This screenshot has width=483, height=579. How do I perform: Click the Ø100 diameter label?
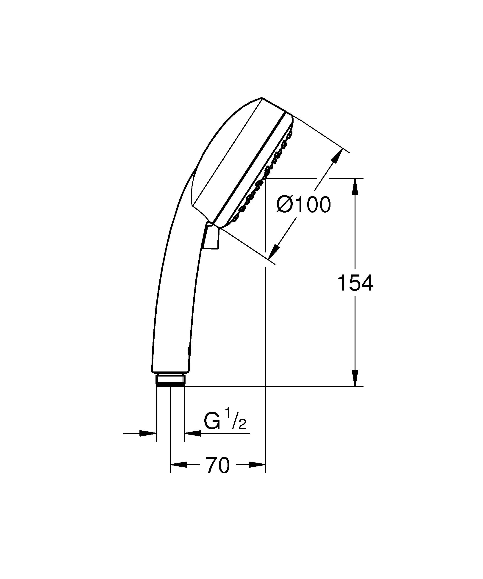point(303,205)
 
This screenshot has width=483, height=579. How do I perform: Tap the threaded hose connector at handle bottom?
point(170,380)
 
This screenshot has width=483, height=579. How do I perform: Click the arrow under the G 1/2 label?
point(193,433)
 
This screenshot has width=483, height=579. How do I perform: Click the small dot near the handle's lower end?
point(189,351)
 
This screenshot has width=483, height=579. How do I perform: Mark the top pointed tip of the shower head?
point(261,98)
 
